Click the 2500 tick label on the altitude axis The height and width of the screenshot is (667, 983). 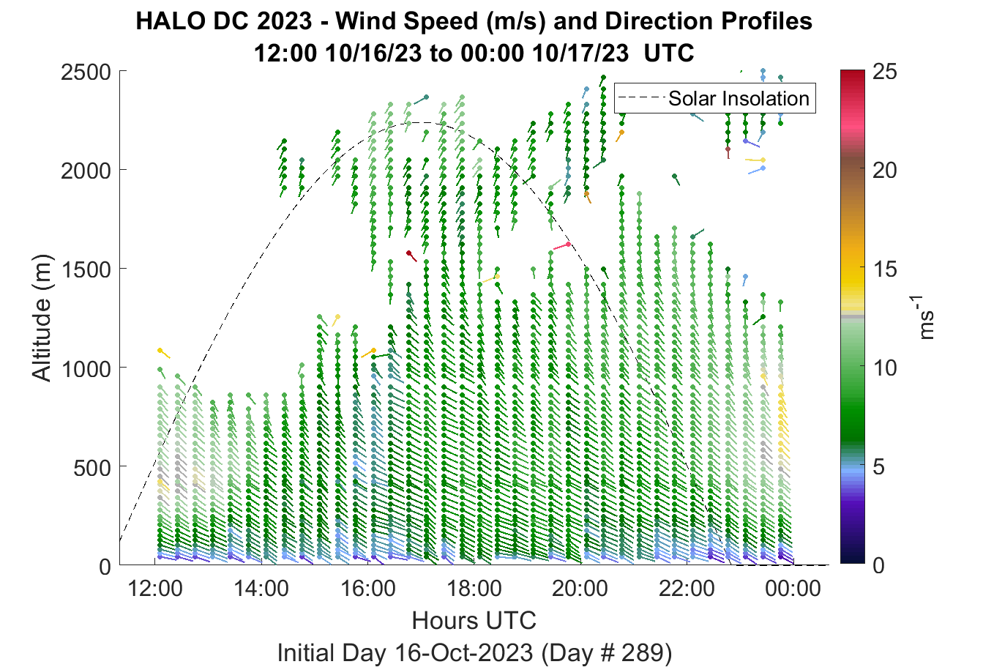(x=86, y=72)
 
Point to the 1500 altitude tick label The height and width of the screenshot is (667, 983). (x=86, y=269)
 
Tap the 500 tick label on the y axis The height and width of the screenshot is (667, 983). (x=92, y=468)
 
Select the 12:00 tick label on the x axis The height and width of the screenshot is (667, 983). (x=155, y=589)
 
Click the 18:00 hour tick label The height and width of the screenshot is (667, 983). (x=474, y=589)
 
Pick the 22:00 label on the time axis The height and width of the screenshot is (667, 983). (x=687, y=589)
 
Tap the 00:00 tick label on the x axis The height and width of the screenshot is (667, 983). (x=793, y=589)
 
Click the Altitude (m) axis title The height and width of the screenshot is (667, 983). (x=42, y=318)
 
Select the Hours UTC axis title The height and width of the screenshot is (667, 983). (x=474, y=620)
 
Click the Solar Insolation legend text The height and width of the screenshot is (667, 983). (x=739, y=98)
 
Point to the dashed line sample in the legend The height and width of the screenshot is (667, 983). (x=640, y=98)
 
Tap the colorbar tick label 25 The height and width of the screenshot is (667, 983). (x=885, y=71)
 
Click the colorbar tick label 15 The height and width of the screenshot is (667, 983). (x=885, y=269)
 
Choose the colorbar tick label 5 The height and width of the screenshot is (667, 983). (x=878, y=467)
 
